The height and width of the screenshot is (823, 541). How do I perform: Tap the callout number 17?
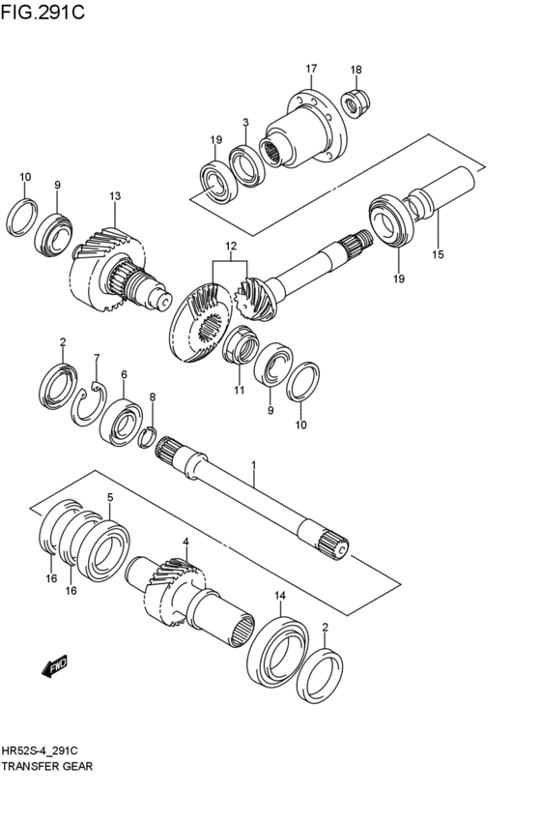(311, 69)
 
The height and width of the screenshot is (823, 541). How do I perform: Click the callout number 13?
(115, 196)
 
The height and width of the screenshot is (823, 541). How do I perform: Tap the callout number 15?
(437, 254)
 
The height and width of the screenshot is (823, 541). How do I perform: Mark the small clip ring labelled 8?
(148, 436)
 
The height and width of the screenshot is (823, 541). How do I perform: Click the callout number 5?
(110, 497)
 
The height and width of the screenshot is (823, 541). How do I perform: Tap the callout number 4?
(185, 542)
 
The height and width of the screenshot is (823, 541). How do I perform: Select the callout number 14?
(280, 595)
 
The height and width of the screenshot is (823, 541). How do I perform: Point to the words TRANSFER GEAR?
(48, 764)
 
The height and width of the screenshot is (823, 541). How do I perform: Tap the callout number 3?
(245, 123)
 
